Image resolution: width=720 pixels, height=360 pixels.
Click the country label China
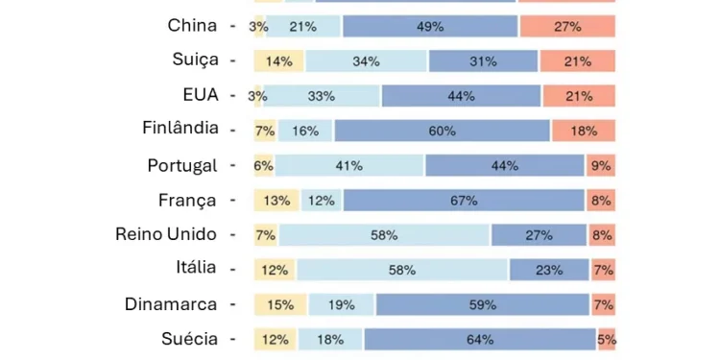pos(192,26)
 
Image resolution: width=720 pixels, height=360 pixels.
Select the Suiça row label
pos(195,60)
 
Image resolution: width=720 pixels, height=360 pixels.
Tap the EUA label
pos(201,95)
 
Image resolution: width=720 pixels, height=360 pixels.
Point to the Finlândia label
pos(180,128)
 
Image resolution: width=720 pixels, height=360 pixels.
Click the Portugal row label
pos(182,165)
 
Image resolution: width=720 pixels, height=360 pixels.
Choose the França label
pos(187,200)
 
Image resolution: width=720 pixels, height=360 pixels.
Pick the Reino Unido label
pos(166,234)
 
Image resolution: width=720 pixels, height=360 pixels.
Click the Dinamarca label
pos(171,304)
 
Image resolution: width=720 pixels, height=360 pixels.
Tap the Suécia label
pos(189,339)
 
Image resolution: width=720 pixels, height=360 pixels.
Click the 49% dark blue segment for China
pos(430,27)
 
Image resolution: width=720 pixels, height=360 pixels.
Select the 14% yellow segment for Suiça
pos(279,61)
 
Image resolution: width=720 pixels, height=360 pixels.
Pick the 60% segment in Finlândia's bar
pos(442,131)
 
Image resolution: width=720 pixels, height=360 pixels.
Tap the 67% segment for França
pos(464,201)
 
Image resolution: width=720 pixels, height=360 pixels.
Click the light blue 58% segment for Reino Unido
pos(384,235)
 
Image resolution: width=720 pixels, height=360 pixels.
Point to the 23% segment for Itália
pos(549,270)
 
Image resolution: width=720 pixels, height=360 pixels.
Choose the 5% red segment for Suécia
pos(607,339)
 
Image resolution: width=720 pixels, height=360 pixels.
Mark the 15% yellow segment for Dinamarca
pos(280,305)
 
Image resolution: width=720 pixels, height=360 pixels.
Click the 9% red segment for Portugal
pos(601,165)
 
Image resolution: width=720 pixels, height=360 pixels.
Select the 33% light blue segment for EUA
pos(322,96)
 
